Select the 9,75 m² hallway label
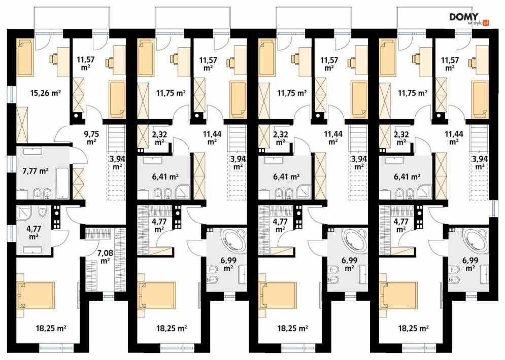[91, 137]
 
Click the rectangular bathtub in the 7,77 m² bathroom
[62, 183]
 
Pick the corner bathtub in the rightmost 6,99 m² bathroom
[476, 239]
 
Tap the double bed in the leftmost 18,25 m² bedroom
[36, 295]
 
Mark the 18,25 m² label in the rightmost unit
[413, 329]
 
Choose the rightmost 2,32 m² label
[401, 137]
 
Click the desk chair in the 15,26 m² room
[53, 58]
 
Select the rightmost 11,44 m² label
[453, 137]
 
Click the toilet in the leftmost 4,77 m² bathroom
[42, 212]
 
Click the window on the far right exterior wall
[492, 209]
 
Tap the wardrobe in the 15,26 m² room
[22, 125]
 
